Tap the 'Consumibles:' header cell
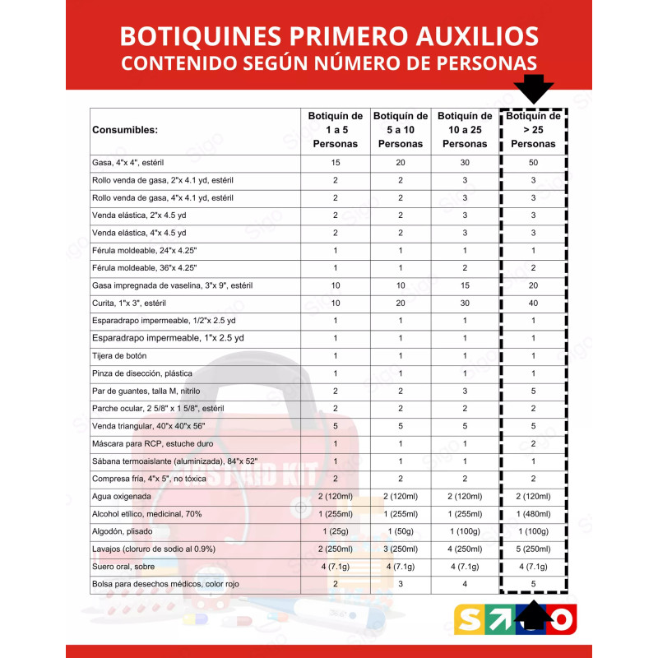point(126,130)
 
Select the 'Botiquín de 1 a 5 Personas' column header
point(335,130)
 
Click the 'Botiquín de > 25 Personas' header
point(533,130)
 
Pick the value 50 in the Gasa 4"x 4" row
point(533,163)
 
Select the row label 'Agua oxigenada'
point(123,496)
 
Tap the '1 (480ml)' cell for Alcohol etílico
point(533,514)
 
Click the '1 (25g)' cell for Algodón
point(335,531)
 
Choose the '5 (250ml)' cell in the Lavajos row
point(533,549)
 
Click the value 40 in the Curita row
point(533,304)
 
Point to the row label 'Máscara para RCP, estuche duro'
point(153,443)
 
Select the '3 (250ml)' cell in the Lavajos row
point(401,549)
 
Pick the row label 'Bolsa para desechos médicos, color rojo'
point(167,584)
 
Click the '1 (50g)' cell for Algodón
point(401,531)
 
